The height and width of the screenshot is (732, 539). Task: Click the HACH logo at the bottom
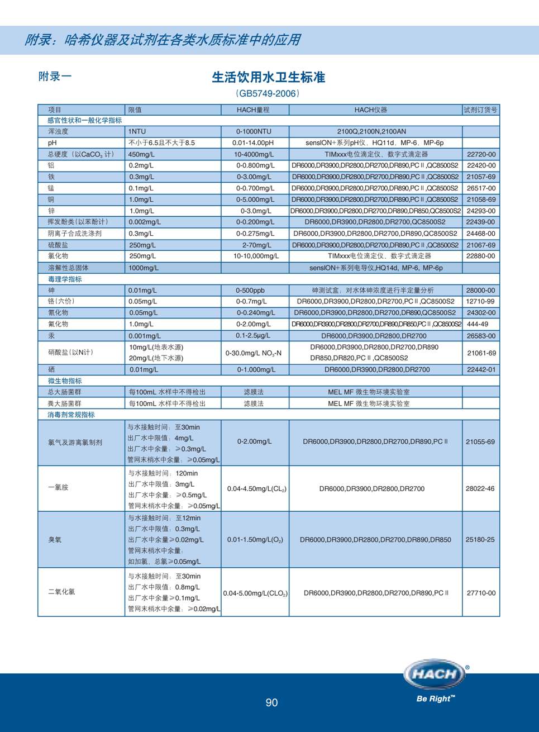point(434,674)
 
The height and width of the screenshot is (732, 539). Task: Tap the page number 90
point(271,702)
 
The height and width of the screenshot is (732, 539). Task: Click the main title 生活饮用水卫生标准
point(268,77)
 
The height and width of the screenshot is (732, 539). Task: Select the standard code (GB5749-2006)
point(268,93)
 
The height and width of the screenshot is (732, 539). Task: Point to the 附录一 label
point(55,76)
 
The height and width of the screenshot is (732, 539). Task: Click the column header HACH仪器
point(370,110)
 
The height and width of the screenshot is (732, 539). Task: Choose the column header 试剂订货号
point(480,110)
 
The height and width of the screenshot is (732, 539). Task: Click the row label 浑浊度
point(58,131)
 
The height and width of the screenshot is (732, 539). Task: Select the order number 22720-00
point(481,154)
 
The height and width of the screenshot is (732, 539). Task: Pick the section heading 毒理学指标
point(65,279)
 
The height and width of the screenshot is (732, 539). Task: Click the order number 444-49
point(478,324)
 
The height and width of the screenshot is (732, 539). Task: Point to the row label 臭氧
point(55,540)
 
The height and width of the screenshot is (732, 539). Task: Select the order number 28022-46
point(480,488)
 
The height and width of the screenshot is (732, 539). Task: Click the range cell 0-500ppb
point(250,291)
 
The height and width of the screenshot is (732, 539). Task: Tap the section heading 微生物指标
point(65,381)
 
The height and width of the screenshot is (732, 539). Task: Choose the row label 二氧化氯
point(61,592)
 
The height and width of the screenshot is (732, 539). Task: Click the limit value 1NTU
point(137,132)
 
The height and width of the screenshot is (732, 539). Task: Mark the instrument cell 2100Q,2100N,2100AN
point(371,131)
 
